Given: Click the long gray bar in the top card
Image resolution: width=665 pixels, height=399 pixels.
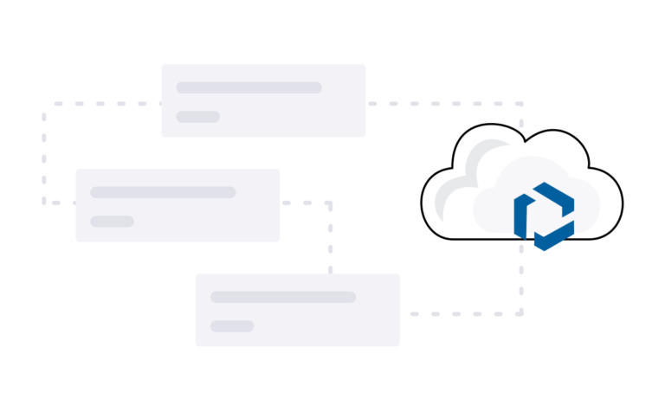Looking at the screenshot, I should coord(249,87).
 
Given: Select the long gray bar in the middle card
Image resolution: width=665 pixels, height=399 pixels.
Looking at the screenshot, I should coord(163,192).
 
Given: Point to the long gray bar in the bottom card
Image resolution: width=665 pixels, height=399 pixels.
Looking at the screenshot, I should coord(283,297).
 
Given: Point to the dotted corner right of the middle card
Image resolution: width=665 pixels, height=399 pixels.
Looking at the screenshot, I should coord(329,203).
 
